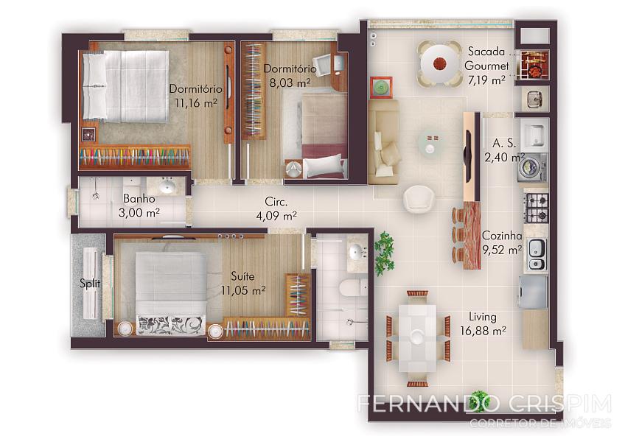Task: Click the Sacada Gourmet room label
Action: [486, 59]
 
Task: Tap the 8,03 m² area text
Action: [290, 83]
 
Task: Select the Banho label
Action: [139, 198]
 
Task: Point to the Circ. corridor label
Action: [276, 202]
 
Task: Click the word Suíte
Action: [242, 276]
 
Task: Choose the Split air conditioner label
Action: [90, 284]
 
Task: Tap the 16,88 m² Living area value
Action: [483, 331]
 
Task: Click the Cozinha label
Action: [502, 236]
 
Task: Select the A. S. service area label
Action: [504, 143]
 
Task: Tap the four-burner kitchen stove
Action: [537, 207]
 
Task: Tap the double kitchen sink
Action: [537, 255]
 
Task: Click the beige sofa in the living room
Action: [383, 141]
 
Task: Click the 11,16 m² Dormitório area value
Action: [196, 103]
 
